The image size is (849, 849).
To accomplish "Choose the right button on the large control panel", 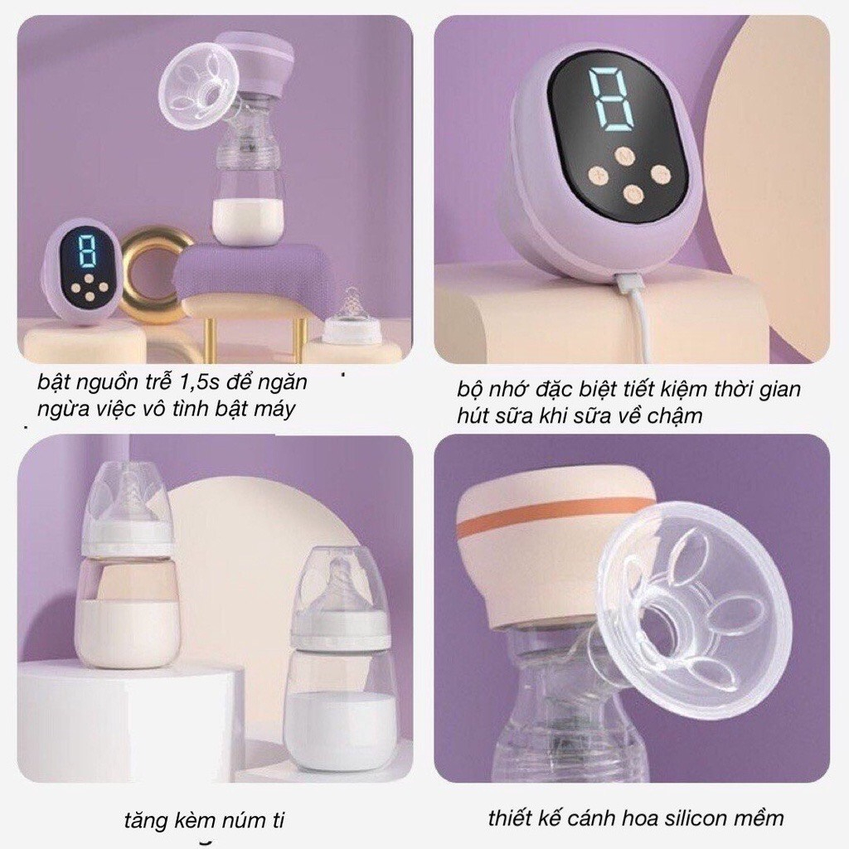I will [660, 174].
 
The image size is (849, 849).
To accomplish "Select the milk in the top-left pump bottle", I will [249, 218].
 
